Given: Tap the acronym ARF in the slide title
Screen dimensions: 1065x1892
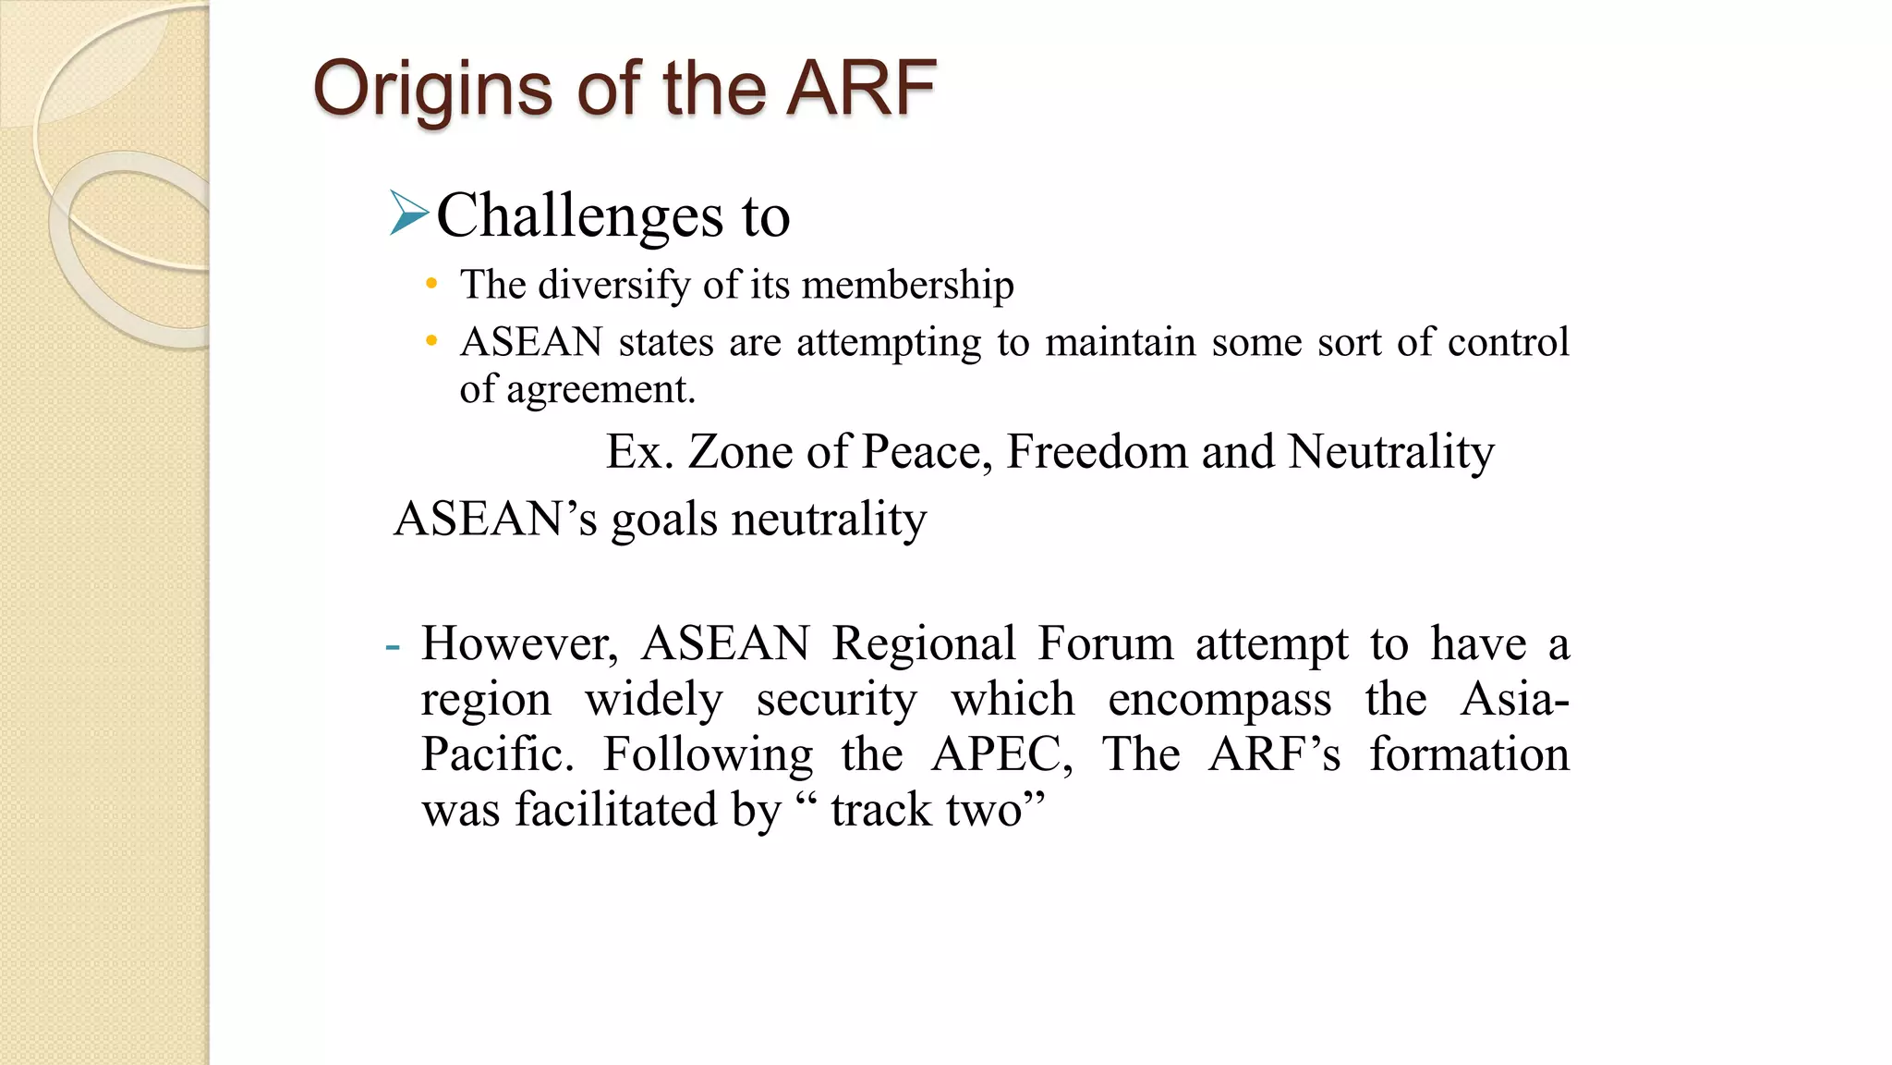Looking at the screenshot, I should (860, 88).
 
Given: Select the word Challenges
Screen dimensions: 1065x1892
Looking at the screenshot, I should (580, 216).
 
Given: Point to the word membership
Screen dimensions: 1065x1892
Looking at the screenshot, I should (907, 285).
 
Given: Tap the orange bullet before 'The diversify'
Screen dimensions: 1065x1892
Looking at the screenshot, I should (431, 284).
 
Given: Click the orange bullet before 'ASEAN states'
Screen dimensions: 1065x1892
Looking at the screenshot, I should (431, 341).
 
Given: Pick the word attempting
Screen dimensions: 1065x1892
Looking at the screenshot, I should (888, 343).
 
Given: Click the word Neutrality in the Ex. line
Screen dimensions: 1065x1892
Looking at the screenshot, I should (1390, 452).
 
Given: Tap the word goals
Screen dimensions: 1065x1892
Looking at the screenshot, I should (663, 520).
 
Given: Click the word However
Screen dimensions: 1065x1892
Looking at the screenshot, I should (519, 643).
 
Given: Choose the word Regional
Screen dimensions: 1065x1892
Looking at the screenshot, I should (923, 643).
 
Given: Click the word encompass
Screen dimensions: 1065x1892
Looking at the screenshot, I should (1219, 699).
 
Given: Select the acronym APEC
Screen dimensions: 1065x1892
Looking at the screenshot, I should (1001, 754).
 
